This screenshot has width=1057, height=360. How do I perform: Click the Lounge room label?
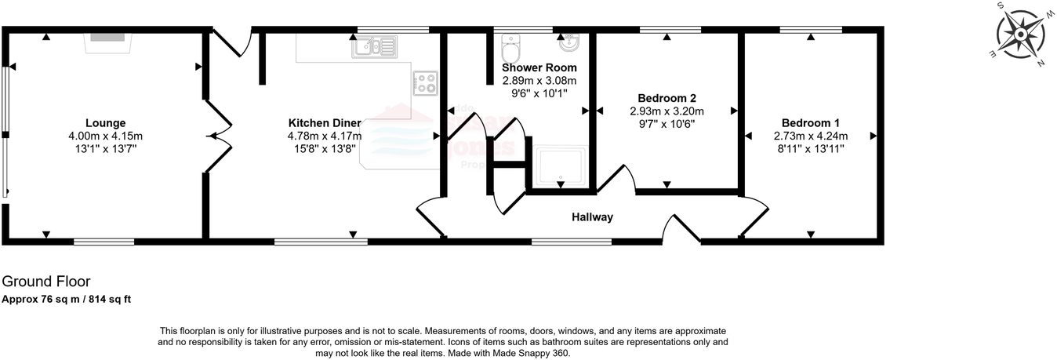coord(105,123)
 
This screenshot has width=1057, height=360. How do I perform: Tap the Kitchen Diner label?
coord(325,123)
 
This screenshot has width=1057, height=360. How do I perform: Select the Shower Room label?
coord(539,67)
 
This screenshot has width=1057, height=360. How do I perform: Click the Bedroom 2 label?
coord(667,99)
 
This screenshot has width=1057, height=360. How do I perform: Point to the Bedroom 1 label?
coord(810,123)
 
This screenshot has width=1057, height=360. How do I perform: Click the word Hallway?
coord(592,217)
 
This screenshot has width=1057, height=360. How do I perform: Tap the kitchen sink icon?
coord(375,47)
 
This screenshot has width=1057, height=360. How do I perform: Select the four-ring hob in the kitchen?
coord(426,83)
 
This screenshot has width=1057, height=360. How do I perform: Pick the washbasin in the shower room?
coord(571,42)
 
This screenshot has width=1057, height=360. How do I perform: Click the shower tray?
coord(560,166)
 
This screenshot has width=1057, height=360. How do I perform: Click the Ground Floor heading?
coord(46,281)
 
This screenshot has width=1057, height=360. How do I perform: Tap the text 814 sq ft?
coord(113,299)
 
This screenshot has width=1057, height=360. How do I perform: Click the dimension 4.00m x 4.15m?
coord(105,136)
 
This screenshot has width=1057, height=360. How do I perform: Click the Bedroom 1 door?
coord(753,216)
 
